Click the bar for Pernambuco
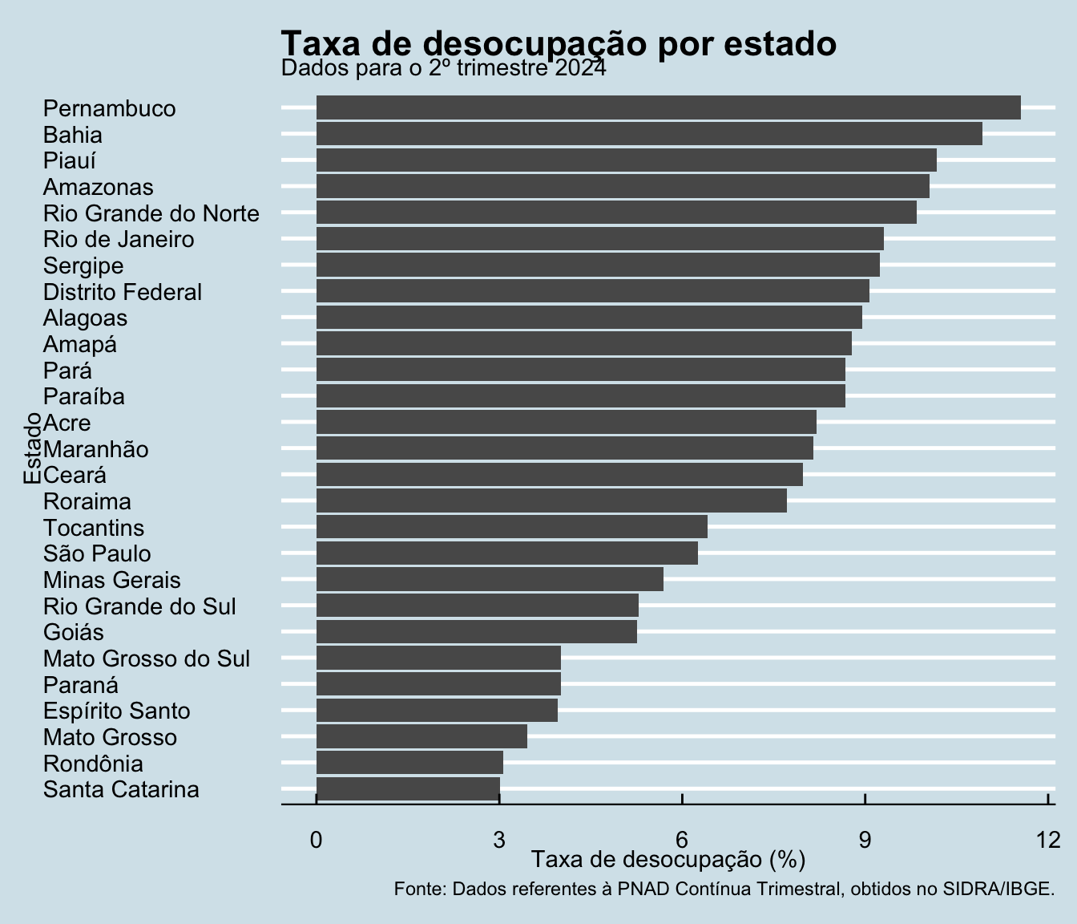coord(668,107)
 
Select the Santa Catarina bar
coord(408,789)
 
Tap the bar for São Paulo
coord(507,553)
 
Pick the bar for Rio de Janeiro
coord(599,239)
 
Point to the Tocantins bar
coord(512,527)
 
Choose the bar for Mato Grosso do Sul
coord(438,658)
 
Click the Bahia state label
coord(72,135)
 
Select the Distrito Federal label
coord(123,292)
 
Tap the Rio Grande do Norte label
coord(151,214)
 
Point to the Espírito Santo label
coord(117,711)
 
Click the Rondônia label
coord(93,764)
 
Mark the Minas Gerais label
coord(112,580)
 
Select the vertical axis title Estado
coord(32,448)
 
